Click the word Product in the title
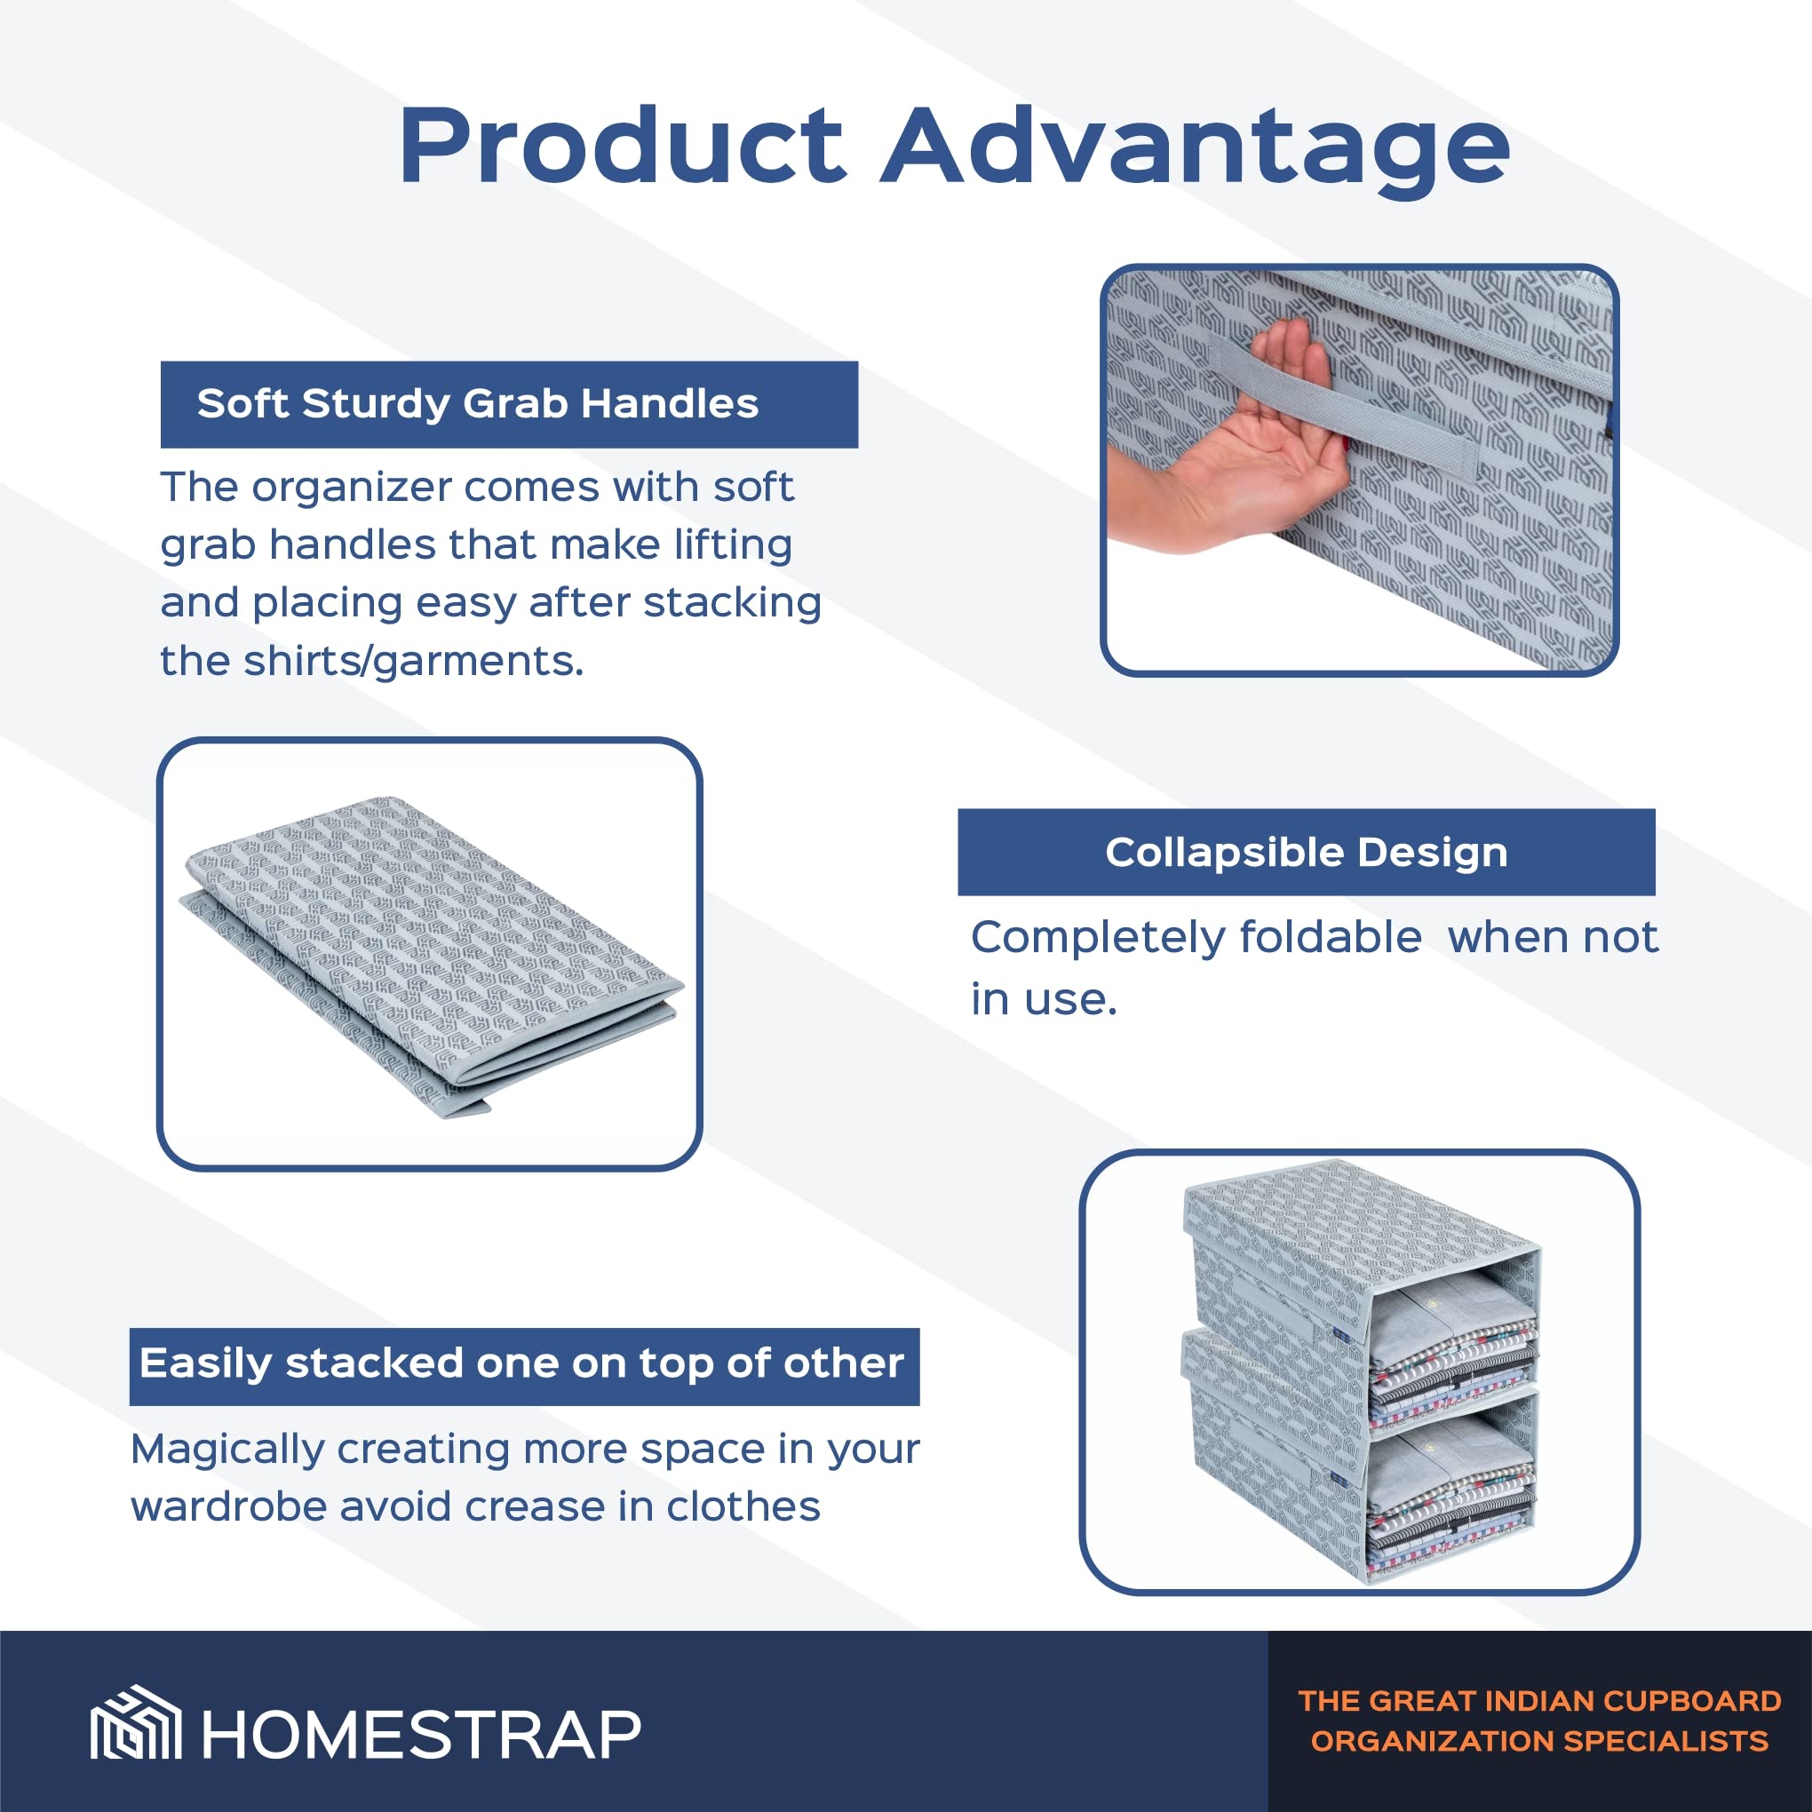623,147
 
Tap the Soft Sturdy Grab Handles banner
509,404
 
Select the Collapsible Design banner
1307,852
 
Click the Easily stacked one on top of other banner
524,1366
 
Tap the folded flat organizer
432,957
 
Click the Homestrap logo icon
136,1735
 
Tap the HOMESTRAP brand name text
421,1735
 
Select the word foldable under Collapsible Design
1330,936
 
